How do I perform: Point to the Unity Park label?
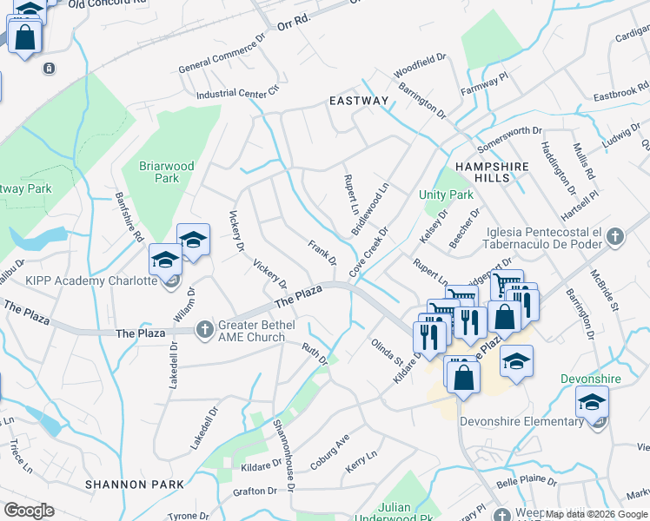click(446, 195)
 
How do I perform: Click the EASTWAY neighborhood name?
click(359, 102)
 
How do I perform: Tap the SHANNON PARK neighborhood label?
click(135, 484)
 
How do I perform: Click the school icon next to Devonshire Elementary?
click(592, 403)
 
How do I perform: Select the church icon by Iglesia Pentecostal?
click(615, 235)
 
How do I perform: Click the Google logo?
click(29, 511)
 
